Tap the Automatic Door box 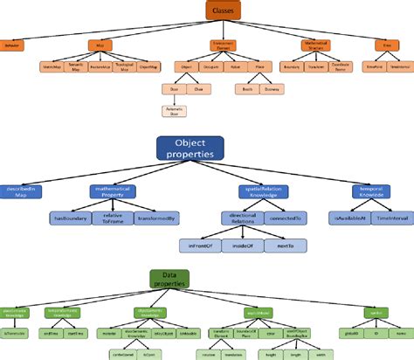point(173,111)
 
